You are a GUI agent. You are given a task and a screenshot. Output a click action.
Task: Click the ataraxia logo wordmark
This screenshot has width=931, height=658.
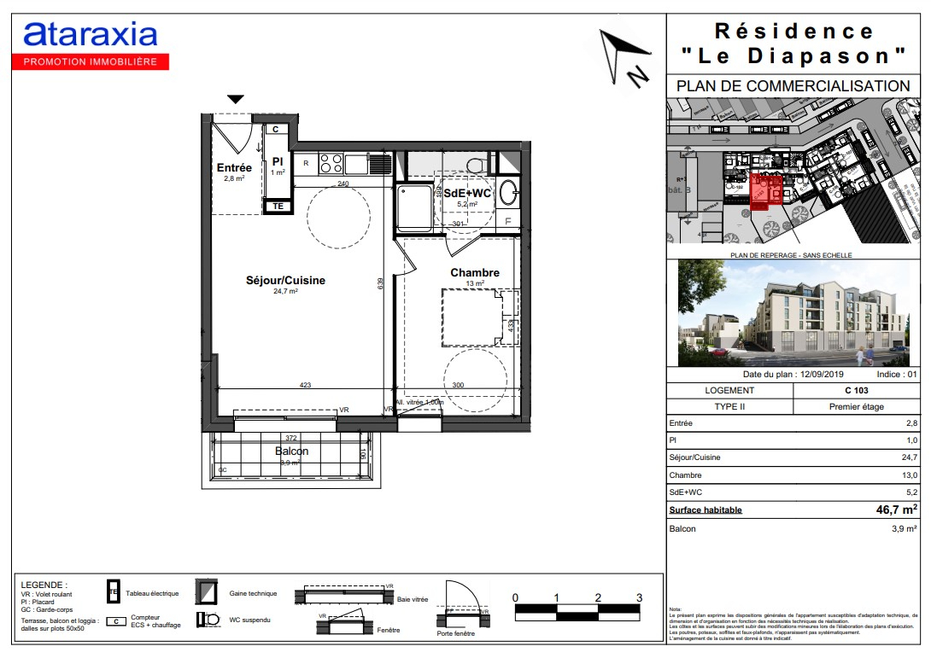(x=91, y=34)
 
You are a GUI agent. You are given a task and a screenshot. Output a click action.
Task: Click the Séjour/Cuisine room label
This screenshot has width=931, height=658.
(x=285, y=280)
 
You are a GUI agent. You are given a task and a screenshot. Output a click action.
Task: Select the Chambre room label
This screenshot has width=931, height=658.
(x=475, y=272)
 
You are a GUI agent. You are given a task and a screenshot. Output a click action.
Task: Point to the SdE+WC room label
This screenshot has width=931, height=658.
(x=467, y=193)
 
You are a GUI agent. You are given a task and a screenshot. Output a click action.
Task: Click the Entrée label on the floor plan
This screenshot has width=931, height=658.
(x=234, y=168)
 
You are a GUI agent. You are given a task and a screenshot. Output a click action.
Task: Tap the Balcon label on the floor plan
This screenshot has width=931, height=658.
(x=291, y=451)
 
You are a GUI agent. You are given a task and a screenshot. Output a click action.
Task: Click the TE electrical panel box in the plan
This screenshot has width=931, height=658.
(x=277, y=206)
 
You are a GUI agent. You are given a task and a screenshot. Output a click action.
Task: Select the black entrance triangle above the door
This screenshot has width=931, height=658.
(x=236, y=100)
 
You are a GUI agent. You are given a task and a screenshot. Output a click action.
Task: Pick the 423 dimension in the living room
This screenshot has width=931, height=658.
(x=305, y=386)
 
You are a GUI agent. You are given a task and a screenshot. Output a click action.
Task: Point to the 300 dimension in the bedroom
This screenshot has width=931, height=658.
(x=459, y=386)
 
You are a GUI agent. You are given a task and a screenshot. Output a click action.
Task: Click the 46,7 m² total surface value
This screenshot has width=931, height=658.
(x=892, y=510)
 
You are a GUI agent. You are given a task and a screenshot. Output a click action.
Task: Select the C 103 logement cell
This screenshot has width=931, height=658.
(x=856, y=390)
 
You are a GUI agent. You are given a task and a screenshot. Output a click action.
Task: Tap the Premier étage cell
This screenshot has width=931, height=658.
(x=856, y=407)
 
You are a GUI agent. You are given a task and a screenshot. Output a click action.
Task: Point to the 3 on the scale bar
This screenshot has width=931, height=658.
(x=639, y=597)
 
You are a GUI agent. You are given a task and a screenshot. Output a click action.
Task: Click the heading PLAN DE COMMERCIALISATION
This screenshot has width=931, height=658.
(x=793, y=86)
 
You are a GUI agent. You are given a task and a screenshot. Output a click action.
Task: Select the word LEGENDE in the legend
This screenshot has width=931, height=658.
(x=43, y=585)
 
